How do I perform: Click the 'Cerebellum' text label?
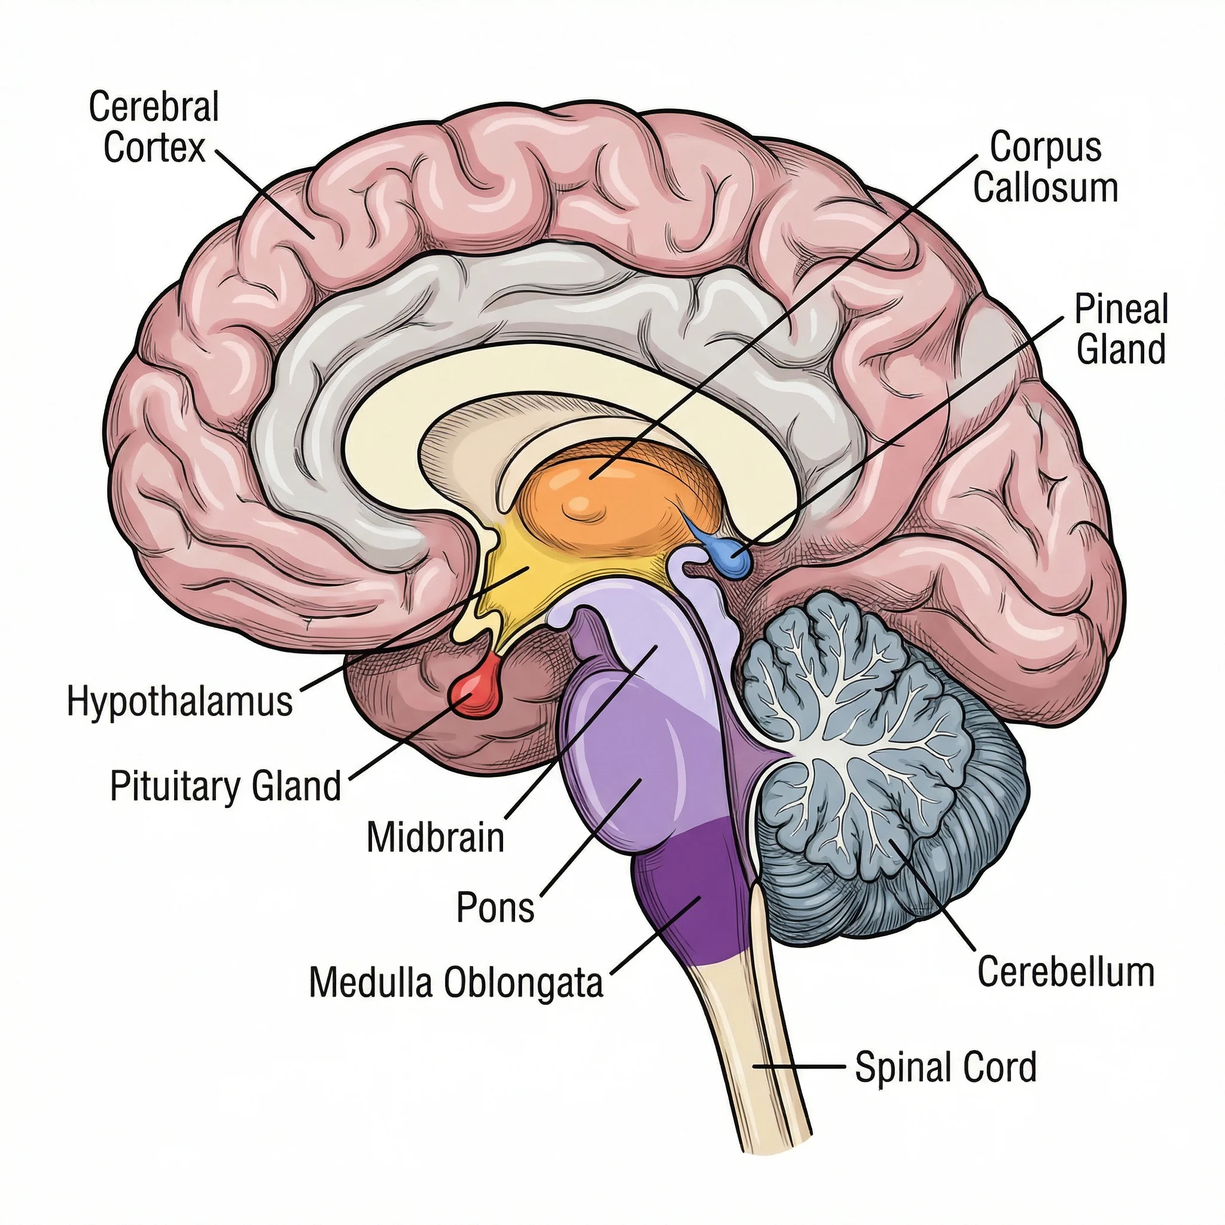1065,972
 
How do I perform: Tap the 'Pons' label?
495,907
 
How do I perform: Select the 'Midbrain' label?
435,837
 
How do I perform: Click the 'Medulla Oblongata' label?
455,983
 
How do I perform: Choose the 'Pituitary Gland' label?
226,786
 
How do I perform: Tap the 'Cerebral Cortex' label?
154,127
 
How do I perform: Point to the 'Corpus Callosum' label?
1045,167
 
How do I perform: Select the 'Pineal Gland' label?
1121,329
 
